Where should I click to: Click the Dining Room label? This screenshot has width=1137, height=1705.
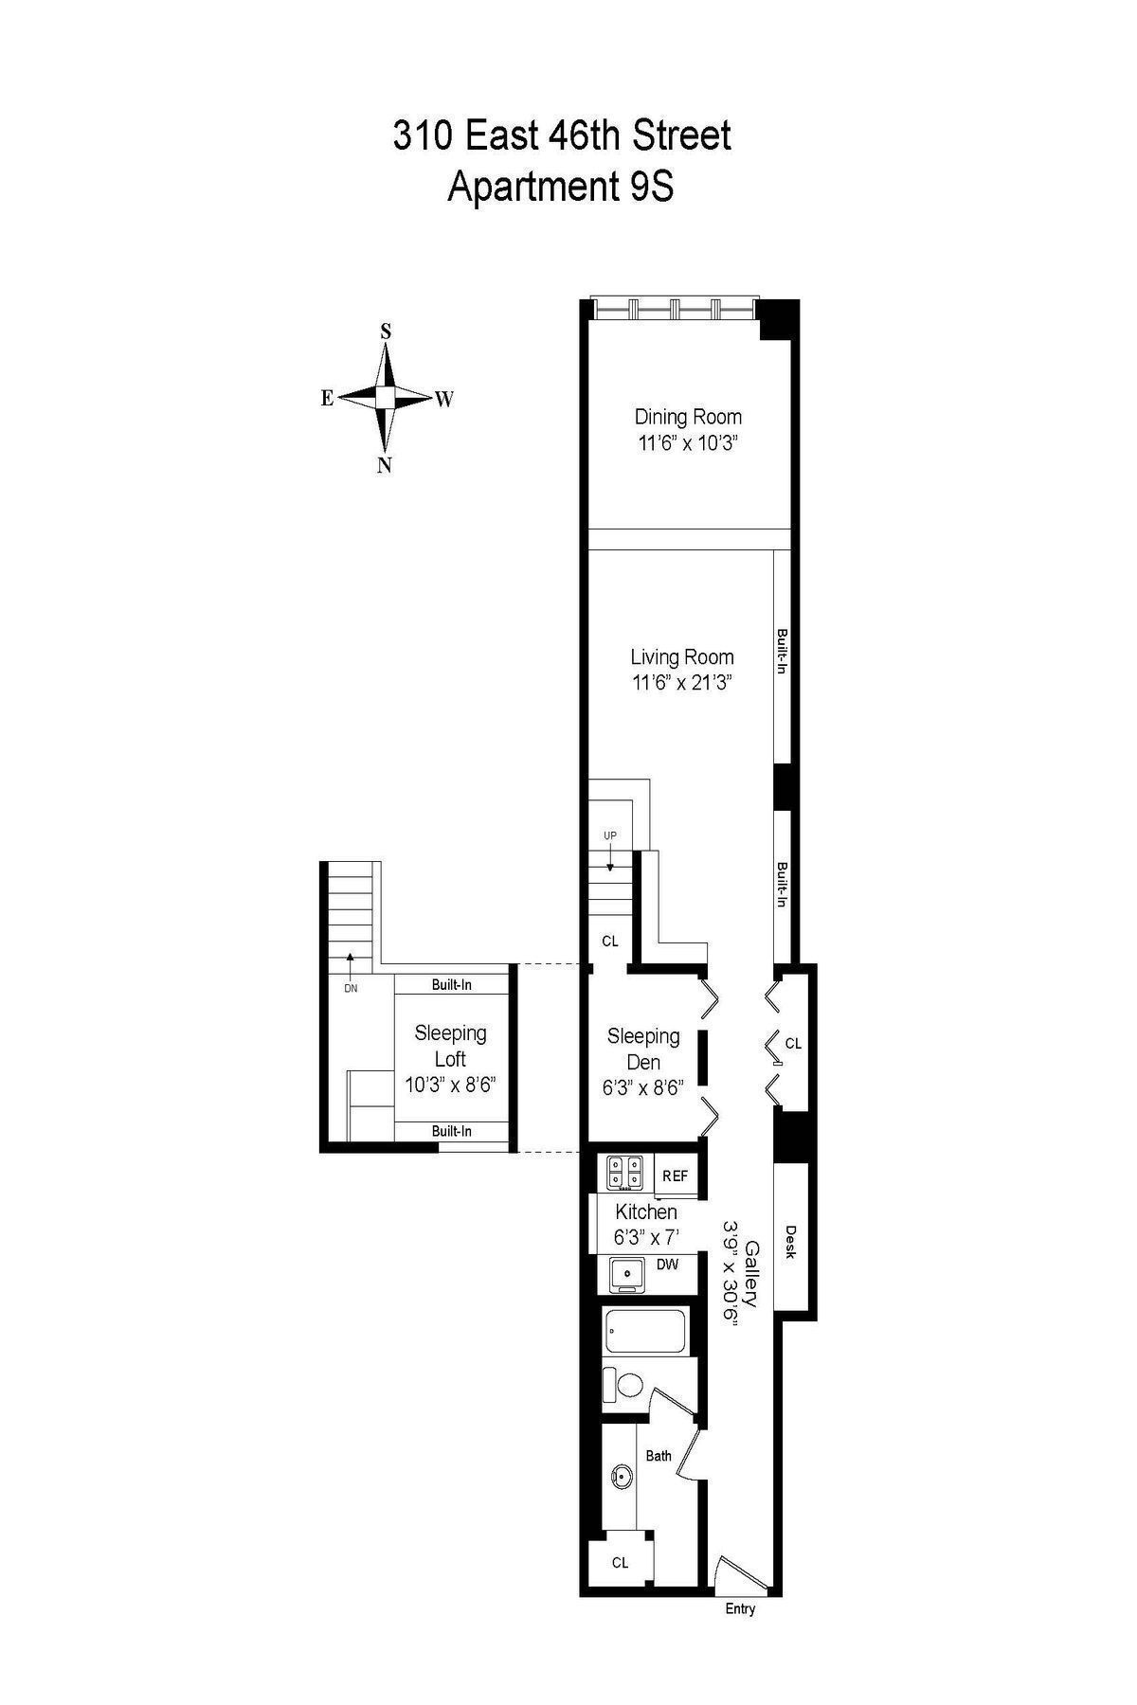pos(688,417)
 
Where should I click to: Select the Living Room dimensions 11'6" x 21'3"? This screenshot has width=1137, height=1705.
pos(682,682)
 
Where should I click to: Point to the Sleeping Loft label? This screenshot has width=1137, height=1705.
pos(450,1046)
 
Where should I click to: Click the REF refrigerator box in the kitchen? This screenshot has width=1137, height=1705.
pos(675,1176)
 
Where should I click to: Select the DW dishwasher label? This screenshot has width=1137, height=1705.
pos(667,1264)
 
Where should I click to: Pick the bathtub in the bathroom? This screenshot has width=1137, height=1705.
pos(649,1332)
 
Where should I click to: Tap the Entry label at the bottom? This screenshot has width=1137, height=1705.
pos(740,1608)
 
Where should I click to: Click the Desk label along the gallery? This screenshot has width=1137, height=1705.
pos(791,1242)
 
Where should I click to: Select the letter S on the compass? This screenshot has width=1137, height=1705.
pos(386,332)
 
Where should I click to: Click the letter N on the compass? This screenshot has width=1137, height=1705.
pos(385,465)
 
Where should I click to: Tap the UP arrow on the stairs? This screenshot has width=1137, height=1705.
pos(610,860)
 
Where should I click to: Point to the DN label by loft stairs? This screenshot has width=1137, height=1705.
pos(351,988)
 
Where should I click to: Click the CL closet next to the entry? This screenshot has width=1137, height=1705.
pos(620,1563)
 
